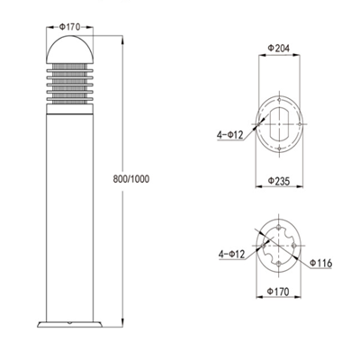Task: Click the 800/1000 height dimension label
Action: pyautogui.click(x=130, y=179)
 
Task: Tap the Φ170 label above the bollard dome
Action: pyautogui.click(x=69, y=27)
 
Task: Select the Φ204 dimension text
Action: pyautogui.click(x=279, y=49)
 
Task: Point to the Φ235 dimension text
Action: pyautogui.click(x=279, y=181)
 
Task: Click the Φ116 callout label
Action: pyautogui.click(x=320, y=263)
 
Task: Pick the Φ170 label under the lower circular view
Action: pyautogui.click(x=278, y=292)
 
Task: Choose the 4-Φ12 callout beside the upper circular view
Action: pyautogui.click(x=229, y=135)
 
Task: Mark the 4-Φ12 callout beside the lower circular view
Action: pyautogui.click(x=231, y=254)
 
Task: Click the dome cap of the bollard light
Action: pyautogui.click(x=69, y=49)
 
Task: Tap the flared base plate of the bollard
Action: pyautogui.click(x=69, y=324)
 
